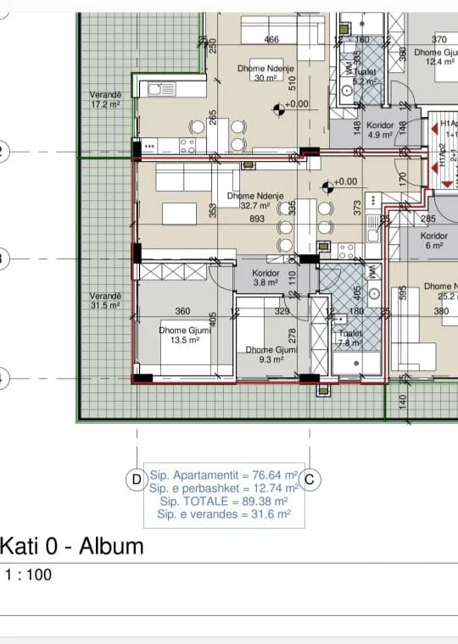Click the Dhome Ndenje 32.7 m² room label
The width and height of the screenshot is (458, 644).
249,201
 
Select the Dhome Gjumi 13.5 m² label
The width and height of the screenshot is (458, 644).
184,335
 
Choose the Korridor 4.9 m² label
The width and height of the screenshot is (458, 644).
379,129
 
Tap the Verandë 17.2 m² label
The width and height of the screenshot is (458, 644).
106,100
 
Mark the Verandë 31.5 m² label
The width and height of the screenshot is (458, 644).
106,301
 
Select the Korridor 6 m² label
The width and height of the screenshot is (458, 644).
433,241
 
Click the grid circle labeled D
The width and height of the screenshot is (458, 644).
137,480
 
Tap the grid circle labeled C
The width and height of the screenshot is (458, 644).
310,480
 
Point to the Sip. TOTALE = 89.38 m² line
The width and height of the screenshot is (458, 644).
225,501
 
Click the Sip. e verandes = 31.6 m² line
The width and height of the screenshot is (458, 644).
225,514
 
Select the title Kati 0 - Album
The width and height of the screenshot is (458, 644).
72,546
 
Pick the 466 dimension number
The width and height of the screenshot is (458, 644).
271,40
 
